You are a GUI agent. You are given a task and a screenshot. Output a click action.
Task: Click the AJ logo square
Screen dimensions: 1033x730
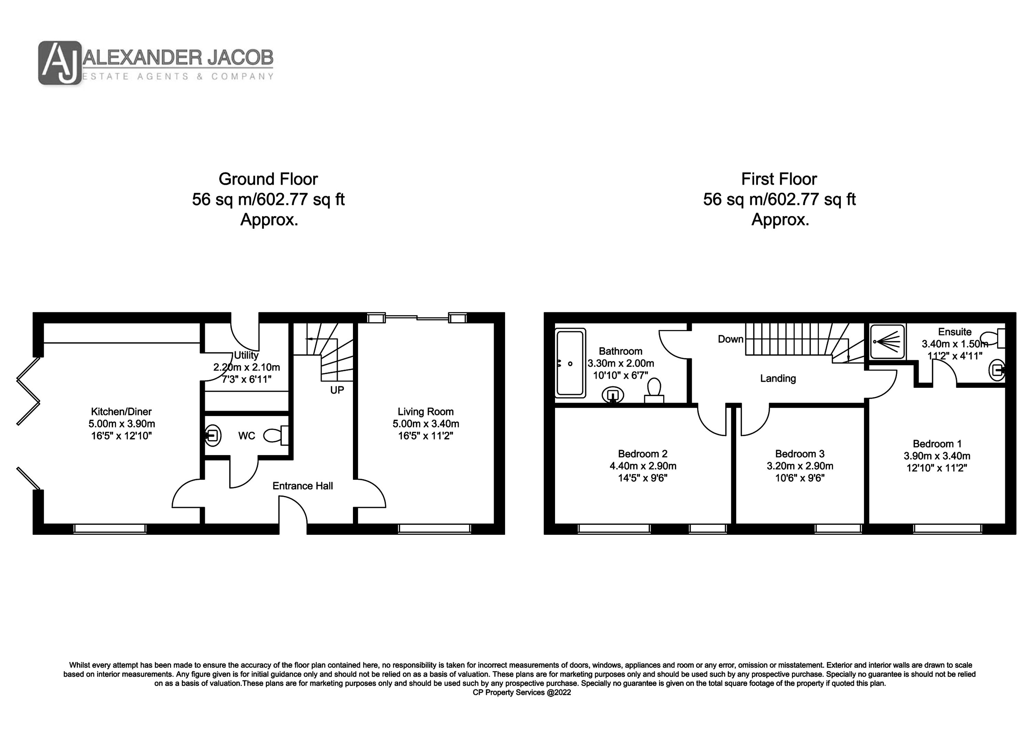(60, 63)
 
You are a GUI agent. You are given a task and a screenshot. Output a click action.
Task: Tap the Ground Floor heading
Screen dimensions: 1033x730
(268, 179)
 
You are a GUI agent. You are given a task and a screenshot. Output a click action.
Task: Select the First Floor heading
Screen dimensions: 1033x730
(779, 179)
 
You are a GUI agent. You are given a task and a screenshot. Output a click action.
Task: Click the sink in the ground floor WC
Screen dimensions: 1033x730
(212, 435)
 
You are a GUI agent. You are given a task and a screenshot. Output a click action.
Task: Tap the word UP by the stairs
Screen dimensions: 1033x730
(337, 390)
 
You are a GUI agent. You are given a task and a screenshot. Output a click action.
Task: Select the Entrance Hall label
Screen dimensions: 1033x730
(303, 486)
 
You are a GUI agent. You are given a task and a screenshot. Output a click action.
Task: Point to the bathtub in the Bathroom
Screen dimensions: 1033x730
(571, 363)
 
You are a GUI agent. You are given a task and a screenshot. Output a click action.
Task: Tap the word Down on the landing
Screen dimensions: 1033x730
(731, 339)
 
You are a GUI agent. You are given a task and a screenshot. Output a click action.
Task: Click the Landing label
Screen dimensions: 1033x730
(778, 379)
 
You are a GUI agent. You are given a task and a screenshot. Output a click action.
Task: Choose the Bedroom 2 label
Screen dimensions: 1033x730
(643, 454)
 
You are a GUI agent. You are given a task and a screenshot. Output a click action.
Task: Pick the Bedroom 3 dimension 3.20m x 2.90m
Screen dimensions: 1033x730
(800, 466)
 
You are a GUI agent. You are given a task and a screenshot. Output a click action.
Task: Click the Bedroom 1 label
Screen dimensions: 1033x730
(937, 444)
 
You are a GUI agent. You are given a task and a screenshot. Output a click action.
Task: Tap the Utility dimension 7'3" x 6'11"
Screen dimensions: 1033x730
(247, 379)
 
